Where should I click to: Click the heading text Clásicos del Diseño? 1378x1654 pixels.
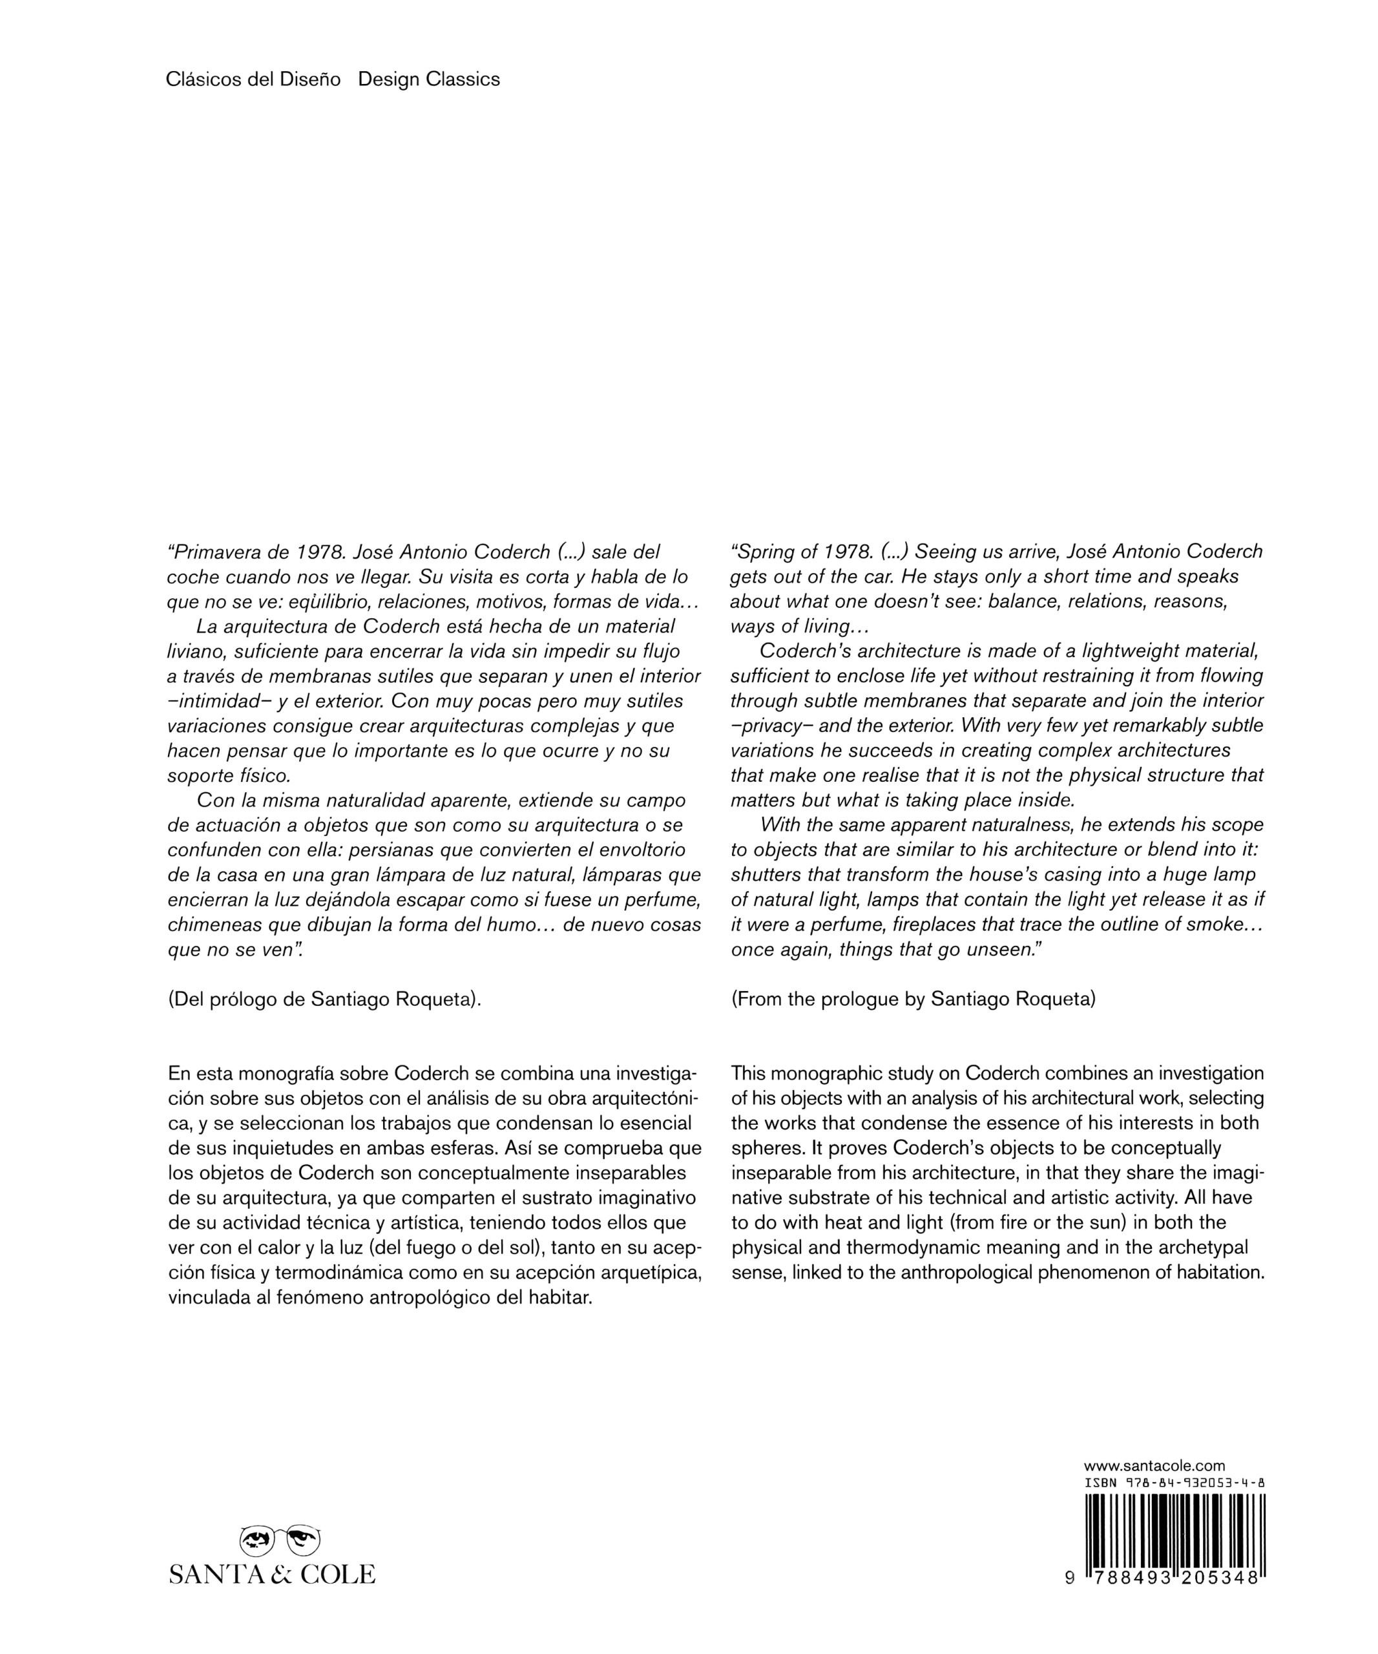pos(253,79)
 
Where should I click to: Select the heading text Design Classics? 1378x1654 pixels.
pos(428,79)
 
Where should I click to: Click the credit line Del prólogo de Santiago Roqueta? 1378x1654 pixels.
pos(324,1000)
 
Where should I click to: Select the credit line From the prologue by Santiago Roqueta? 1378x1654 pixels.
pos(913,1000)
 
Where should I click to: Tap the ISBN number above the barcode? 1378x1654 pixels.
pos(1175,1483)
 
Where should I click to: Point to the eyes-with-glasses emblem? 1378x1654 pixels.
pos(280,1540)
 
